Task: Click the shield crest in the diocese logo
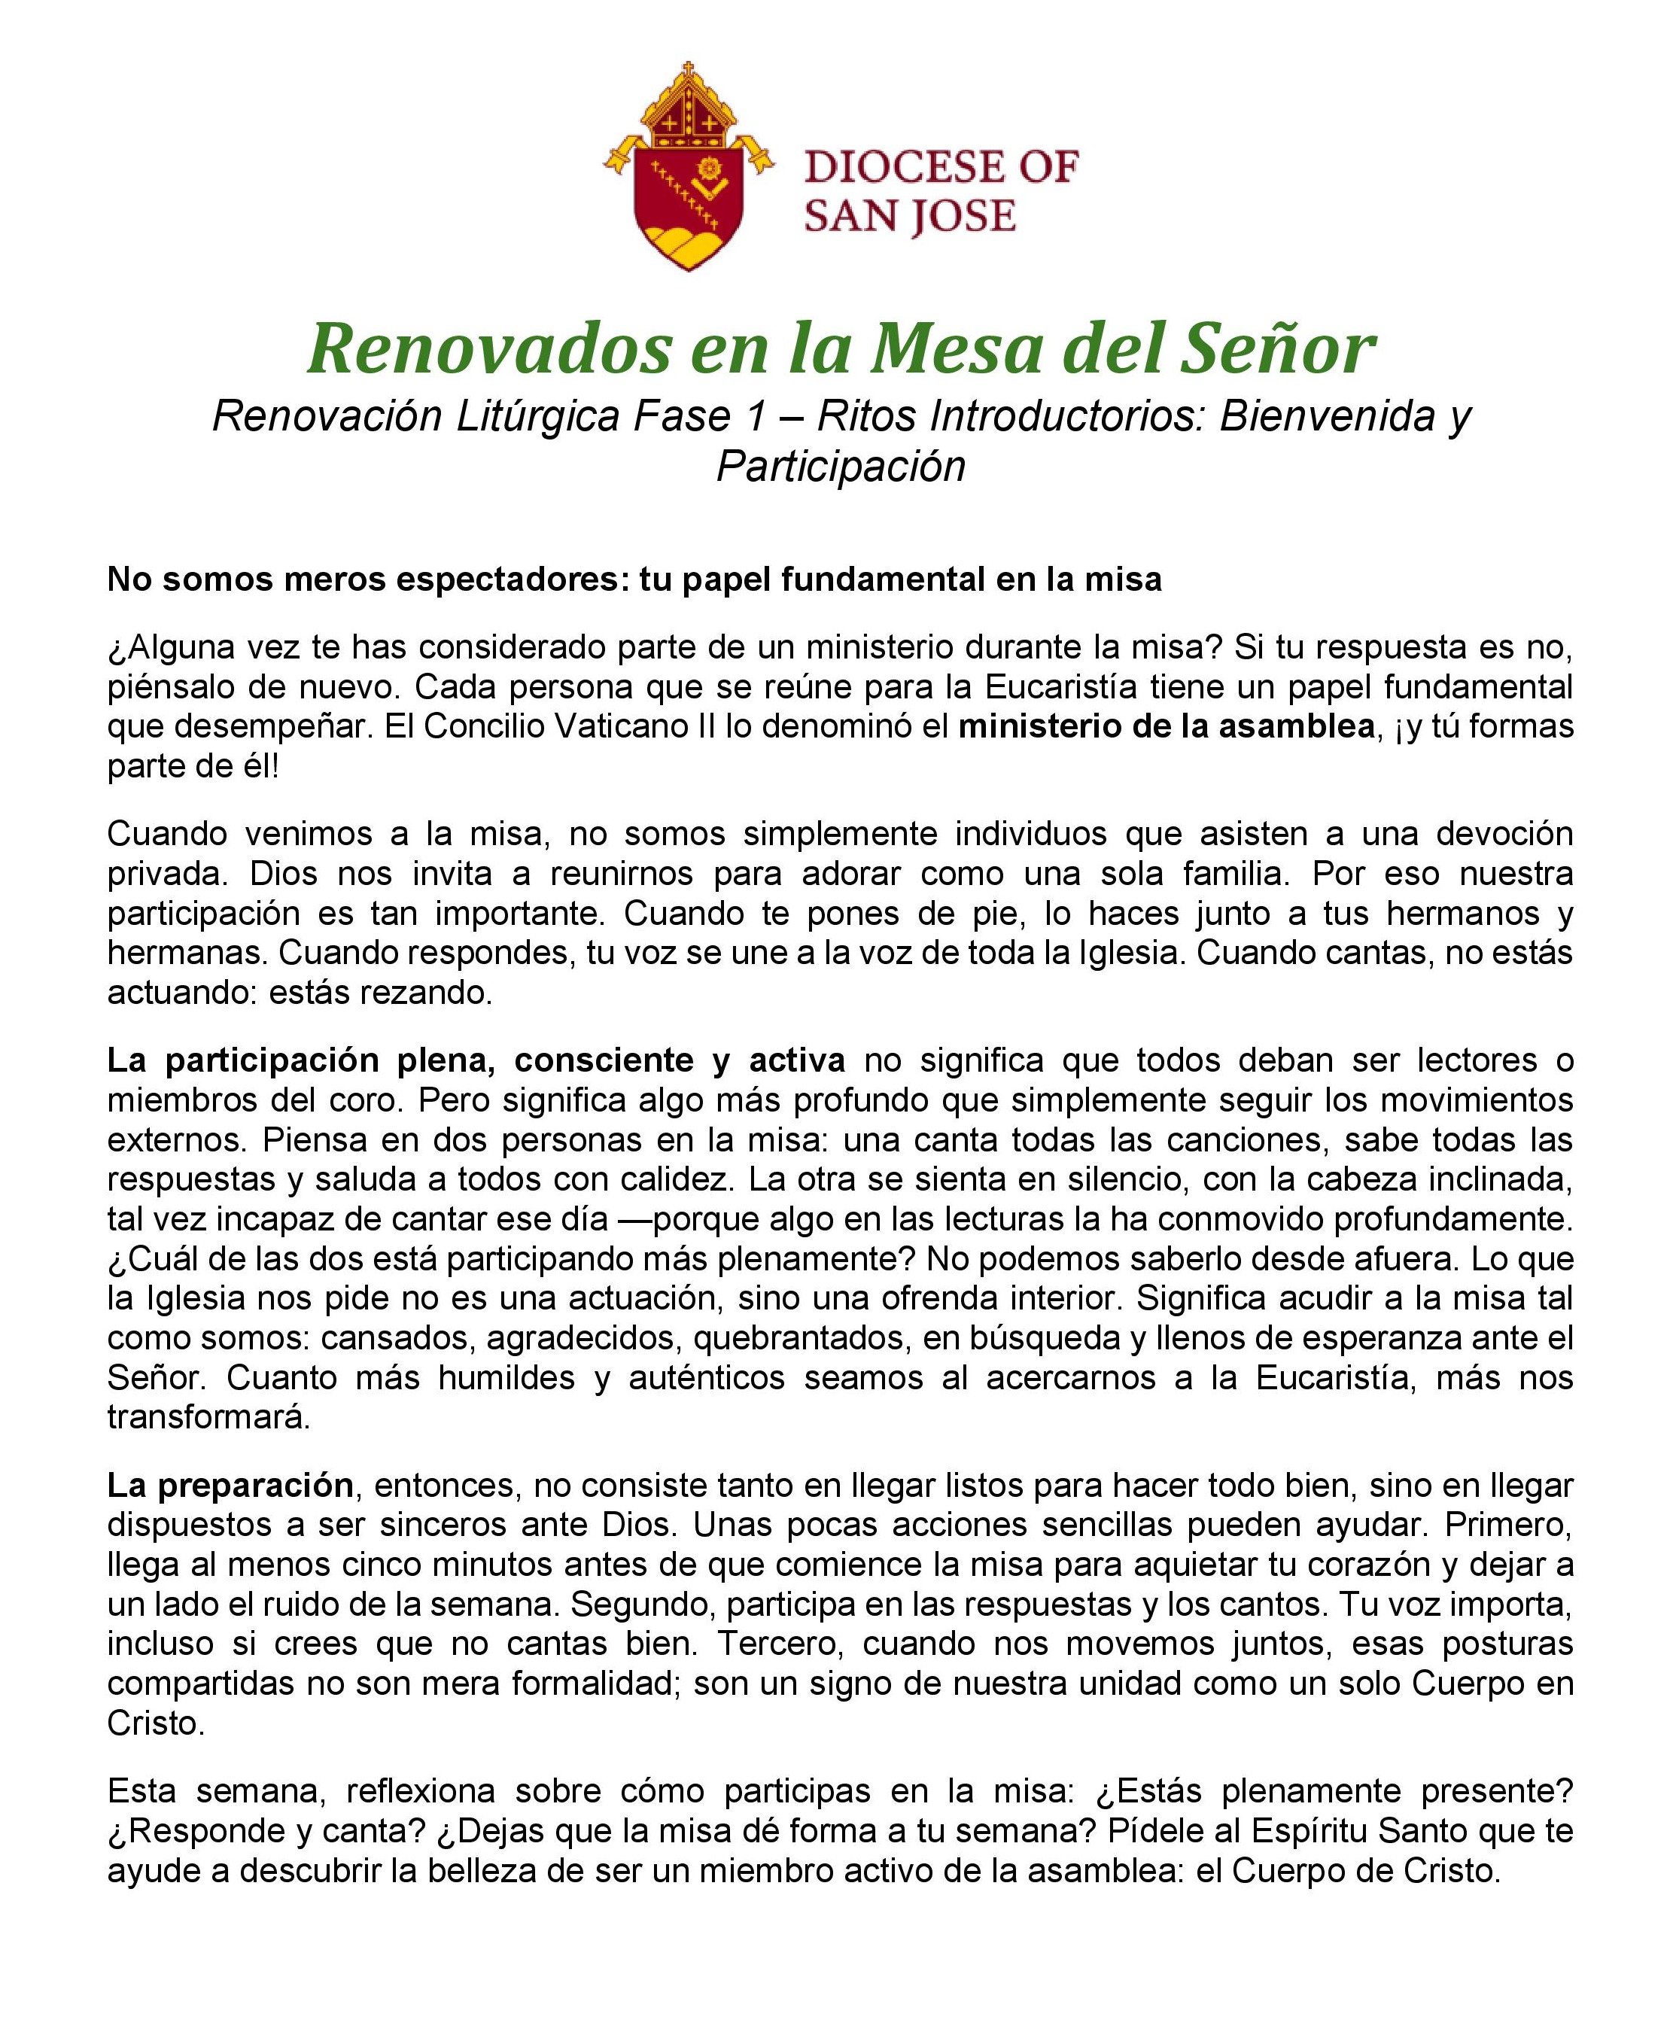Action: pyautogui.click(x=688, y=193)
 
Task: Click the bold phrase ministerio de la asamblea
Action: pyautogui.click(x=1165, y=726)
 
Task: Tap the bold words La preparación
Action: pyautogui.click(x=230, y=1485)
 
